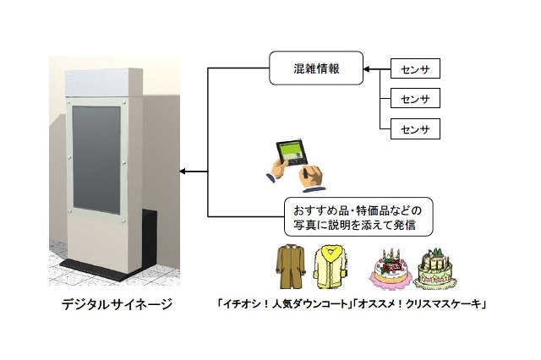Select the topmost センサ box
(416, 68)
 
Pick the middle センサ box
(416, 99)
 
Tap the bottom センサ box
(416, 129)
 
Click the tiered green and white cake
(438, 268)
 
